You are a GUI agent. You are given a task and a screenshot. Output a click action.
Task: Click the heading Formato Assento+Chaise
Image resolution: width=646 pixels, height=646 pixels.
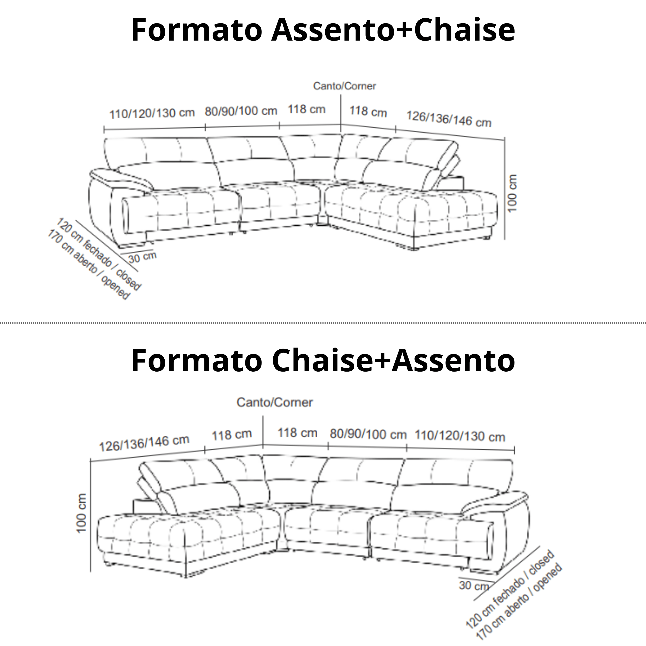coord(323,30)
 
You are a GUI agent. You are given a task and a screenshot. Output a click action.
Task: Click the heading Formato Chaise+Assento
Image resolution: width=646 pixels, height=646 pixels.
coord(323,360)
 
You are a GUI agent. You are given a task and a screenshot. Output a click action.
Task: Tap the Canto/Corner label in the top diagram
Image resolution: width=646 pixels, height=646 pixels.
coord(344,86)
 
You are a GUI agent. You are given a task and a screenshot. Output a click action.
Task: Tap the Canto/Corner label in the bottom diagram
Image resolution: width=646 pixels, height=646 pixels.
coord(274,402)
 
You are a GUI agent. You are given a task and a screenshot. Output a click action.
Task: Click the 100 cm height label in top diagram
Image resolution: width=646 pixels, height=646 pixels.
coord(512,193)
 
